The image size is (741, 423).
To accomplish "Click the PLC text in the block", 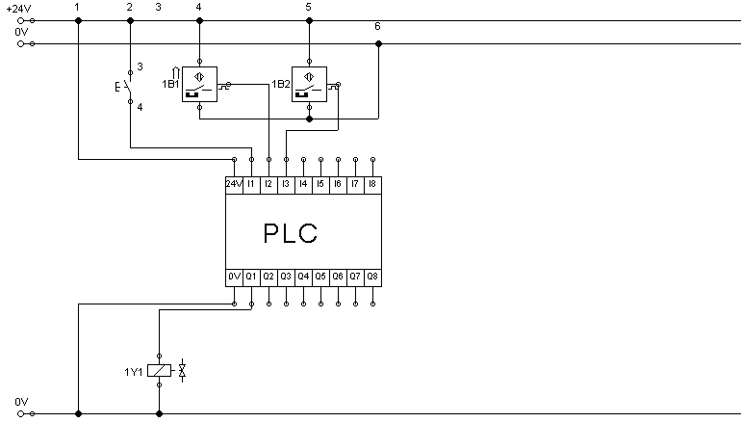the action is coord(291,233).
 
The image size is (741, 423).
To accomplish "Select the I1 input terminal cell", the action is coord(251,185).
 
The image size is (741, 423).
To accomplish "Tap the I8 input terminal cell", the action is coord(372,185).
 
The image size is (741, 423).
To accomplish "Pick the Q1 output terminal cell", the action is coord(251,278).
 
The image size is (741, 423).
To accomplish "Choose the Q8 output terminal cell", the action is coord(372,278).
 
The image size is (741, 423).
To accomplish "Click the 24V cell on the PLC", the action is coord(234,185).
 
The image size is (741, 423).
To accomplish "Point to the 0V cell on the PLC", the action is coord(234,278).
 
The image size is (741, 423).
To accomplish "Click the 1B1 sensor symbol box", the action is coord(199,84).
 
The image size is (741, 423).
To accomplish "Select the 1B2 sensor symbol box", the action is coord(309,84).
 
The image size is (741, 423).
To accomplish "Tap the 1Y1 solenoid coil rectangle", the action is coord(159,370).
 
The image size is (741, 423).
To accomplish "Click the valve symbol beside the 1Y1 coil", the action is coord(183,370).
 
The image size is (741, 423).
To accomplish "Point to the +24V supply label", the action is coord(19,9).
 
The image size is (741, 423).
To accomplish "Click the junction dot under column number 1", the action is coord(79,21).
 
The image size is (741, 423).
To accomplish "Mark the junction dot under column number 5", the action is coord(309,21).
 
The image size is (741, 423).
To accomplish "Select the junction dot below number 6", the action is coord(378,44).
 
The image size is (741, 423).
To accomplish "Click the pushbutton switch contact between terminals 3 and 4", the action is coord(126,87).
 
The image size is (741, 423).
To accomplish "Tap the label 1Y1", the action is coord(133,372).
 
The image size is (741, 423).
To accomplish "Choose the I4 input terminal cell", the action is coord(303,185).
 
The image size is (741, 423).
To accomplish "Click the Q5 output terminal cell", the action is coord(320,278).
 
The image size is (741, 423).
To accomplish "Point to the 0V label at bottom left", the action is coord(21,402).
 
